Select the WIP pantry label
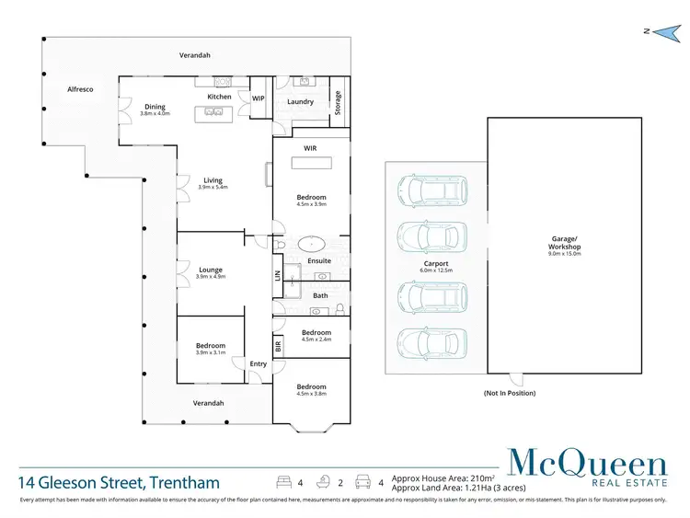click(259, 98)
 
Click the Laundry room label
click(300, 102)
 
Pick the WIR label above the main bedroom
click(310, 148)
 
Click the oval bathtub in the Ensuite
click(313, 246)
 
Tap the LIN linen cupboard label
click(277, 274)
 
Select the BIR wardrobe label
click(277, 345)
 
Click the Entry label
click(259, 364)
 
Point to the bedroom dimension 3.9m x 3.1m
click(211, 352)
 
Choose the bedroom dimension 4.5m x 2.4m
click(316, 340)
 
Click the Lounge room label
click(211, 270)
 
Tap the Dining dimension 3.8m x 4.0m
click(155, 113)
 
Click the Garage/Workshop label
click(566, 247)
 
